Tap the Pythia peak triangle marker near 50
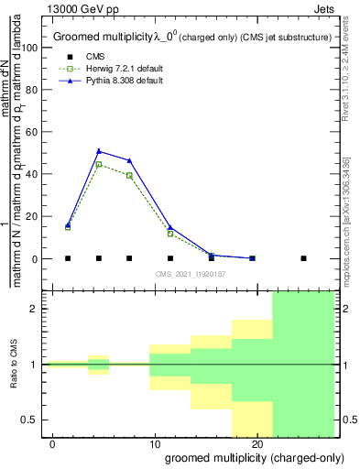pyautogui.click(x=99, y=151)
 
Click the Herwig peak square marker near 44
pyautogui.click(x=99, y=165)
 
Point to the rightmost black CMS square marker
pyautogui.click(x=303, y=258)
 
